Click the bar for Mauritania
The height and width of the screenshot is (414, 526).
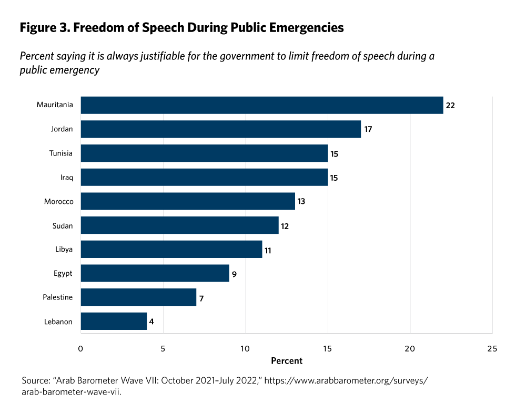pos(261,105)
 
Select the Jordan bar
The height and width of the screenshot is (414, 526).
pos(220,129)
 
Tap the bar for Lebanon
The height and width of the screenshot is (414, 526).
pos(114,322)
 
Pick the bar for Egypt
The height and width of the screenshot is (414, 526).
pos(155,273)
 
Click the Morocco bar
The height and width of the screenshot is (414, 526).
pos(188,201)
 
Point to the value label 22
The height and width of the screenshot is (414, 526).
pos(450,106)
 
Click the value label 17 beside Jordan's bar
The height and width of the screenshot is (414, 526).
pos(368,129)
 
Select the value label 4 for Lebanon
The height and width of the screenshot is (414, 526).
pos(153,322)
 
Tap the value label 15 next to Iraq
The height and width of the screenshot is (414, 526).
pos(333,178)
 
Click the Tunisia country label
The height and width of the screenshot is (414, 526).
pos(60,153)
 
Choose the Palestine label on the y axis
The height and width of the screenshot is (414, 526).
pos(58,298)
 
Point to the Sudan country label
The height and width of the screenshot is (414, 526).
pos(62,226)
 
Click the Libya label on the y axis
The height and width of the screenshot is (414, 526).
pos(64,250)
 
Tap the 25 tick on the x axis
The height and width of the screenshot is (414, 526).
pos(492,348)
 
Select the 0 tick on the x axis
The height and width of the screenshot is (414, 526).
pos(80,348)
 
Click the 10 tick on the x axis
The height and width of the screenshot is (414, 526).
pos(245,348)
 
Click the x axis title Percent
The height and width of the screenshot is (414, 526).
pos(287,361)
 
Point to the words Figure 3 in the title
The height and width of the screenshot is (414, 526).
pos(44,28)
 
